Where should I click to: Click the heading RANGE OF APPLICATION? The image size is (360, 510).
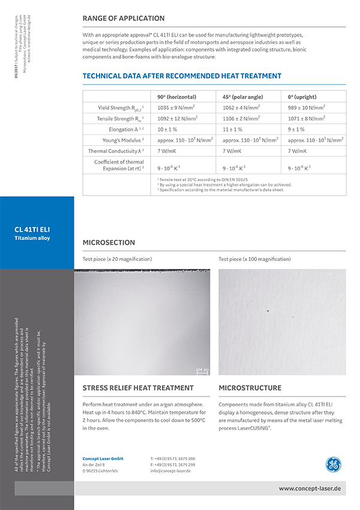click(124, 19)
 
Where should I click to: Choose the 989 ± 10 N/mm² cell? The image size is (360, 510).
click(307, 108)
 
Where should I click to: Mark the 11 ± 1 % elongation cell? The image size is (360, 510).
click(233, 130)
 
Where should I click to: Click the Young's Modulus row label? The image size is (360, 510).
click(124, 140)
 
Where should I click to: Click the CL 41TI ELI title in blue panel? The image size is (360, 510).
click(32, 229)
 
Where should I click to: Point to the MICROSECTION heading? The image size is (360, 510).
click(109, 243)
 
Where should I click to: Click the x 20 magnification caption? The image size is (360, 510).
click(117, 259)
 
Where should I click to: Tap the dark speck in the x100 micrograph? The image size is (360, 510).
click(267, 311)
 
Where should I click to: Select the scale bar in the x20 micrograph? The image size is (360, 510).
click(202, 370)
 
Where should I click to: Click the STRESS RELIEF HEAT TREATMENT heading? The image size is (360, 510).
click(138, 388)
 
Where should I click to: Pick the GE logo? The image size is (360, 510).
click(333, 464)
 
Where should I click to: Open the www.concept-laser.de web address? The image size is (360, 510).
click(310, 489)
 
